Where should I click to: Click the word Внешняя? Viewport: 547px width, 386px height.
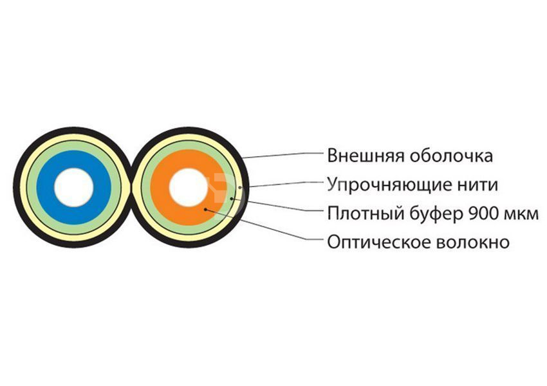pos(366,156)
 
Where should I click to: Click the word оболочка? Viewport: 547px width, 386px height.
pos(451,156)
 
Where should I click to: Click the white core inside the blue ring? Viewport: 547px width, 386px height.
pos(74,187)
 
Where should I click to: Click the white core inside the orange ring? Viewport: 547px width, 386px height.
pos(189,187)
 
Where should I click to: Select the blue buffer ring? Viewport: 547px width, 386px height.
pos(74,187)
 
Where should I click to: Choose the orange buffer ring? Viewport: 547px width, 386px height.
pos(189,187)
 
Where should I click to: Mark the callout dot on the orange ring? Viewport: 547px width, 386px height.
pos(206,209)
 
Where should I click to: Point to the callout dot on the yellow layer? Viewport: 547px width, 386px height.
pos(239,187)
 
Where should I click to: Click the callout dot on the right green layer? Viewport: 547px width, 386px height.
pos(232,198)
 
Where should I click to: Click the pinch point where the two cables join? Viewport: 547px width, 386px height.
pos(131,187)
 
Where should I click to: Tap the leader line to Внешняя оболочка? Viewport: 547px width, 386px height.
pos(281,155)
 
